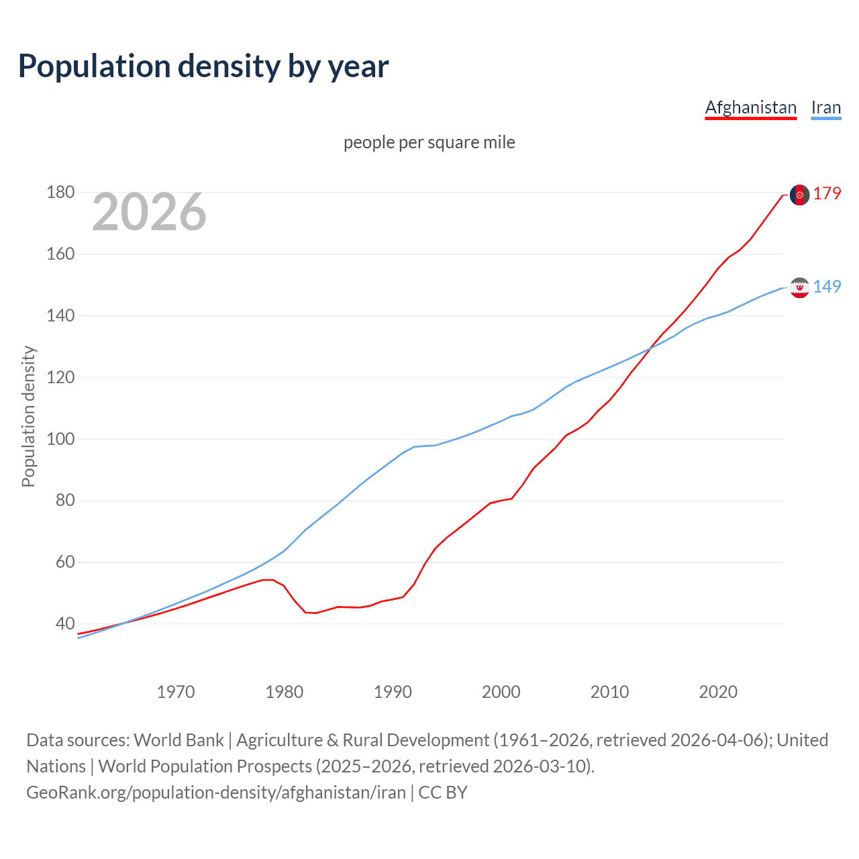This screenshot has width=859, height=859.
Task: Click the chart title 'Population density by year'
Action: [203, 66]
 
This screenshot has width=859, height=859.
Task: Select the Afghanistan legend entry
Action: [750, 107]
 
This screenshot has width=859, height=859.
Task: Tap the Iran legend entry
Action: [825, 107]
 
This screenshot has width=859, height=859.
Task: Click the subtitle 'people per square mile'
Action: [429, 142]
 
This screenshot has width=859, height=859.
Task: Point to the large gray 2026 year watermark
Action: [149, 212]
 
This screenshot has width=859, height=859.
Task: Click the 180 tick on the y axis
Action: [60, 193]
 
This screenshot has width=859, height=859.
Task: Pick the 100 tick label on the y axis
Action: [60, 439]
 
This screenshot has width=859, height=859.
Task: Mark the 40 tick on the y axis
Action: [64, 623]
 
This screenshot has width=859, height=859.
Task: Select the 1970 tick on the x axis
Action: [175, 692]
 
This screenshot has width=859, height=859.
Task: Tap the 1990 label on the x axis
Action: [393, 692]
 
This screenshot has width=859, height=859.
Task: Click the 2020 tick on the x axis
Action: [718, 692]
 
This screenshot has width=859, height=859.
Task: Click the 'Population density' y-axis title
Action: [28, 416]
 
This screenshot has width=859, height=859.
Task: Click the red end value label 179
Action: [827, 194]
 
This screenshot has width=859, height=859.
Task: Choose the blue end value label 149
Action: [827, 287]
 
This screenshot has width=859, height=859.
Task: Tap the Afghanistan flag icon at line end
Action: [799, 195]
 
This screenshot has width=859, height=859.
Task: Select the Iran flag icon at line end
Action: [799, 287]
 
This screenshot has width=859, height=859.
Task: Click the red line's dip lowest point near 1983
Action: [315, 613]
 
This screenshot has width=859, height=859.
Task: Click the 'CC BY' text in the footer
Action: [443, 793]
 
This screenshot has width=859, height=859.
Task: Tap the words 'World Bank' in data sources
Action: [179, 740]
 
